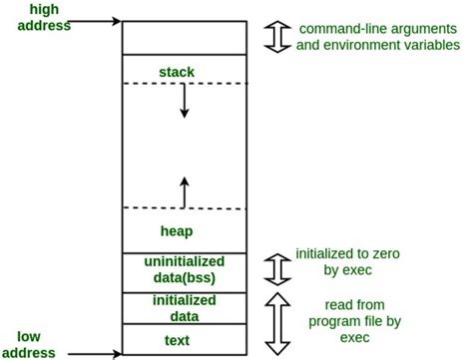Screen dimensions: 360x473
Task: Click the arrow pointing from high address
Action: click(85, 19)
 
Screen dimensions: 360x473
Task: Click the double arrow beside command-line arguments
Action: click(277, 36)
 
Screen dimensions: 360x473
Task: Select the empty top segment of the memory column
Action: click(183, 36)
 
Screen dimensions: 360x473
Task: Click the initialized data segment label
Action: click(183, 307)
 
